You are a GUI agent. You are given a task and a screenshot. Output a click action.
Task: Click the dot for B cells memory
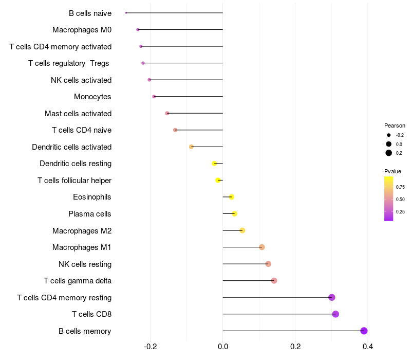(364, 331)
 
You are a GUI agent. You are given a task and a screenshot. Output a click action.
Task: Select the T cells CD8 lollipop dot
(335, 314)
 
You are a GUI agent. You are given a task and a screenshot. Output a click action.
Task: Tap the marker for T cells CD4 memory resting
(332, 297)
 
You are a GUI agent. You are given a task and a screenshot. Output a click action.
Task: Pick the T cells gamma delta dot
(274, 281)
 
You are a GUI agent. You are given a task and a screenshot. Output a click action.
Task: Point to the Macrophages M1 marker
(262, 247)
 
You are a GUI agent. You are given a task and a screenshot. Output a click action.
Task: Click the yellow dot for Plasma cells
(235, 214)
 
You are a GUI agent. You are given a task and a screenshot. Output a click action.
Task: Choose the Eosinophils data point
(232, 197)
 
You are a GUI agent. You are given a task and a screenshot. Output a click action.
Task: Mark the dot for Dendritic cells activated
(192, 147)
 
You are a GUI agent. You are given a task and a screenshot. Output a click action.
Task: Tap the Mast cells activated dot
(167, 113)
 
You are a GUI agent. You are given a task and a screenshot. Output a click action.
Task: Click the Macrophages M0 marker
(138, 30)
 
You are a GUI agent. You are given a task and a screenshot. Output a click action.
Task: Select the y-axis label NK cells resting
(85, 264)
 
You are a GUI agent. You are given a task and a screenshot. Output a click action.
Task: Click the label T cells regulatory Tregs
(69, 63)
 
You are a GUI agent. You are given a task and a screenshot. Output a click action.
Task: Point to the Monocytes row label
(92, 97)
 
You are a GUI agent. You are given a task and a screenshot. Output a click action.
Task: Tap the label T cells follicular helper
(74, 181)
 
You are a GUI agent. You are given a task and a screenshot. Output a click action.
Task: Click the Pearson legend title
(395, 125)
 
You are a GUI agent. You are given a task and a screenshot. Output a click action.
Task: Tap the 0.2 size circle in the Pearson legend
(389, 153)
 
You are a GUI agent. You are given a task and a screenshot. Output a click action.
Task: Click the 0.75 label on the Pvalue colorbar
(401, 187)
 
